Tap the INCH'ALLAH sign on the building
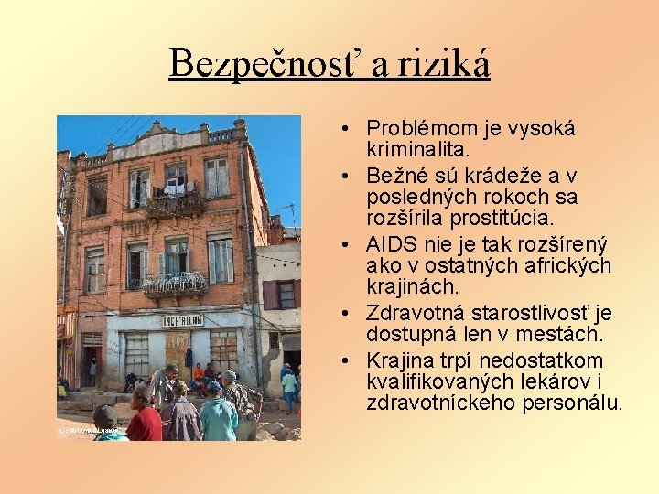point(183,320)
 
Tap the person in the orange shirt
point(199,373)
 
